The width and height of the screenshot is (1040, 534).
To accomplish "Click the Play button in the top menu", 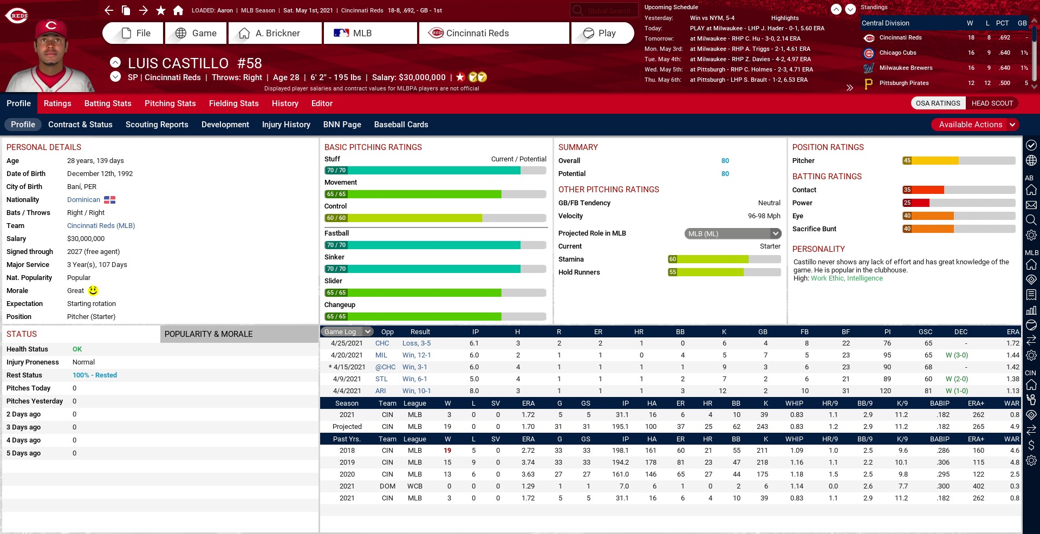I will (602, 33).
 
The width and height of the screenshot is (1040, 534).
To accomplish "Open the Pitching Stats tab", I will (170, 103).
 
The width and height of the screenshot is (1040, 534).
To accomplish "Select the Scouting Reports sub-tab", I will (157, 125).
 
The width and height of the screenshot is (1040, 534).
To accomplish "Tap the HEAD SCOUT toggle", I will (992, 103).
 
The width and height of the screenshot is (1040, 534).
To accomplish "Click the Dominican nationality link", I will (83, 200).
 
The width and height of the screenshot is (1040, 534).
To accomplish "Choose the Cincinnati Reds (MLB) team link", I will (101, 226).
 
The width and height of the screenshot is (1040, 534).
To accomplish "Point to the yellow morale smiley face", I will (93, 291).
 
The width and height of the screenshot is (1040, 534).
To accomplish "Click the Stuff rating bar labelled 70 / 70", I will (422, 171).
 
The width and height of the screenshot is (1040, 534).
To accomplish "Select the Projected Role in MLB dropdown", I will (732, 233).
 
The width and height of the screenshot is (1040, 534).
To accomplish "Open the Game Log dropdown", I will (347, 332).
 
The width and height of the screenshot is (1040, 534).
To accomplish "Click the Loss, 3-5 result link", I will (416, 343).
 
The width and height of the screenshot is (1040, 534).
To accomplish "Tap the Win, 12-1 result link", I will (416, 355).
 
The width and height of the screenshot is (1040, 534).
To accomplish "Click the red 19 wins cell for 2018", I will (447, 451).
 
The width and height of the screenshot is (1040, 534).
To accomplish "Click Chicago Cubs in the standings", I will (898, 53).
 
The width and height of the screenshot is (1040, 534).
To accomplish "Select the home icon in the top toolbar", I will (178, 10).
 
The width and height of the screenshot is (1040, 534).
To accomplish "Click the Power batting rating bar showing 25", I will (958, 203).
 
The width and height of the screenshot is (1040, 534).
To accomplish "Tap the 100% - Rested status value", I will (95, 375).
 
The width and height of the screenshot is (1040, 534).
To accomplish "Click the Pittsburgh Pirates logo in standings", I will (869, 83).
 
